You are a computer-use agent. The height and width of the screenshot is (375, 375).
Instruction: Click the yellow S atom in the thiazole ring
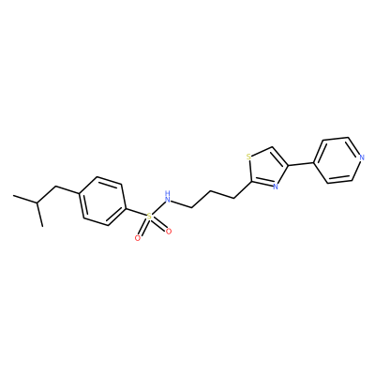click(x=248, y=157)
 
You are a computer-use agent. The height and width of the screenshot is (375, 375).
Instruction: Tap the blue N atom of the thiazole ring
click(x=275, y=187)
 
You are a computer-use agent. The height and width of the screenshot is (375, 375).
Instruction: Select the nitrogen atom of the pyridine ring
click(x=362, y=157)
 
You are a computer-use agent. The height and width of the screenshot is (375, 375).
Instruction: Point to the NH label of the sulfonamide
click(x=168, y=196)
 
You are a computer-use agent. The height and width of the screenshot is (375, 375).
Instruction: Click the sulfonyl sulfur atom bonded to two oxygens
click(x=149, y=216)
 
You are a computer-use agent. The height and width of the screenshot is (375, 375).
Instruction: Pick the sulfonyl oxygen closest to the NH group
click(x=169, y=232)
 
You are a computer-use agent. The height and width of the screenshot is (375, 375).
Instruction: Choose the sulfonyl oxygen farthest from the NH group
click(x=137, y=238)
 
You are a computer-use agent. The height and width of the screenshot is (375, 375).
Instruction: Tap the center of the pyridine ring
click(x=337, y=160)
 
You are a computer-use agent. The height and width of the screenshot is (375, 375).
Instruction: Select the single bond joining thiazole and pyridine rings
click(x=301, y=164)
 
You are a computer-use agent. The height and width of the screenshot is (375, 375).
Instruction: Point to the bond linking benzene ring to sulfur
click(x=136, y=212)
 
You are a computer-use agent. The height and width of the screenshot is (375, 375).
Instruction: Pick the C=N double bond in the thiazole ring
click(x=262, y=184)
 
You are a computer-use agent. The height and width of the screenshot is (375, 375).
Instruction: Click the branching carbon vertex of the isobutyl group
click(x=37, y=203)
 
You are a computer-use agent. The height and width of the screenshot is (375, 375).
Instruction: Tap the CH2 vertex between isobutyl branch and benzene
click(x=56, y=187)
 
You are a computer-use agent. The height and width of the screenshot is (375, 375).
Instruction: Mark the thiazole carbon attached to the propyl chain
click(x=251, y=182)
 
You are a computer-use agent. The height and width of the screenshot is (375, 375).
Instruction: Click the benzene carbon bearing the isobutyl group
click(x=80, y=194)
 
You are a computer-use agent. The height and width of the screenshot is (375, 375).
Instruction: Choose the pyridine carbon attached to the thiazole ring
click(x=313, y=162)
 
